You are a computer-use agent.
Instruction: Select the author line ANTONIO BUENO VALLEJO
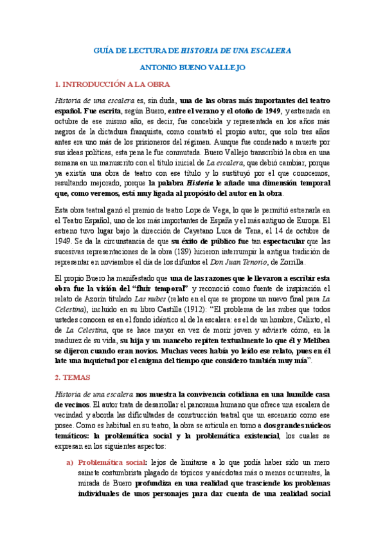coord(192,66)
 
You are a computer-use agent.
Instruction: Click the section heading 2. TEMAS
coord(73,376)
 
